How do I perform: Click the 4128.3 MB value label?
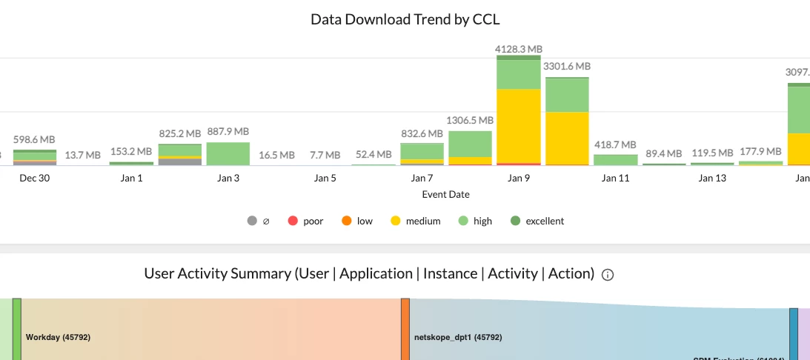(x=518, y=49)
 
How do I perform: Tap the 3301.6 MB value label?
(x=567, y=66)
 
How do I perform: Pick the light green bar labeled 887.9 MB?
(x=228, y=153)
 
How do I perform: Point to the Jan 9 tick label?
(x=518, y=178)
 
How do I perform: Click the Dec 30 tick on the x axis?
(x=34, y=178)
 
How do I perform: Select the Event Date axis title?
(x=445, y=194)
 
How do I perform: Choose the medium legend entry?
(x=415, y=221)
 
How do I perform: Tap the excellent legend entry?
(x=537, y=221)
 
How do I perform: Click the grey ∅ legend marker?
(x=253, y=221)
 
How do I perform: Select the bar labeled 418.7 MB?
(x=616, y=159)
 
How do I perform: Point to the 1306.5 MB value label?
(x=470, y=120)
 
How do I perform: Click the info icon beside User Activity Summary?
(x=608, y=275)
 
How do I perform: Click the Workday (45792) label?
(x=58, y=337)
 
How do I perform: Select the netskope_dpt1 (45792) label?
(x=457, y=337)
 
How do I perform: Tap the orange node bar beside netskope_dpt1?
(x=405, y=330)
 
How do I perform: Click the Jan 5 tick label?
(x=325, y=178)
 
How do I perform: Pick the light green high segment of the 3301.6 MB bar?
(x=567, y=95)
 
